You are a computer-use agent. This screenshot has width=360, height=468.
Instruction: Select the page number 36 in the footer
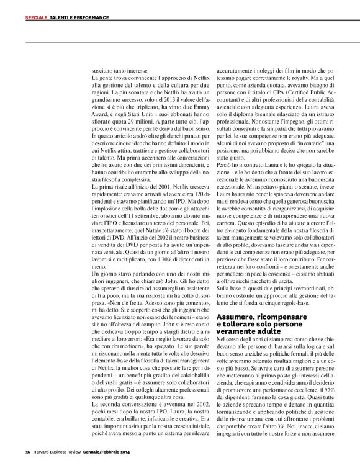click(x=27, y=451)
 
